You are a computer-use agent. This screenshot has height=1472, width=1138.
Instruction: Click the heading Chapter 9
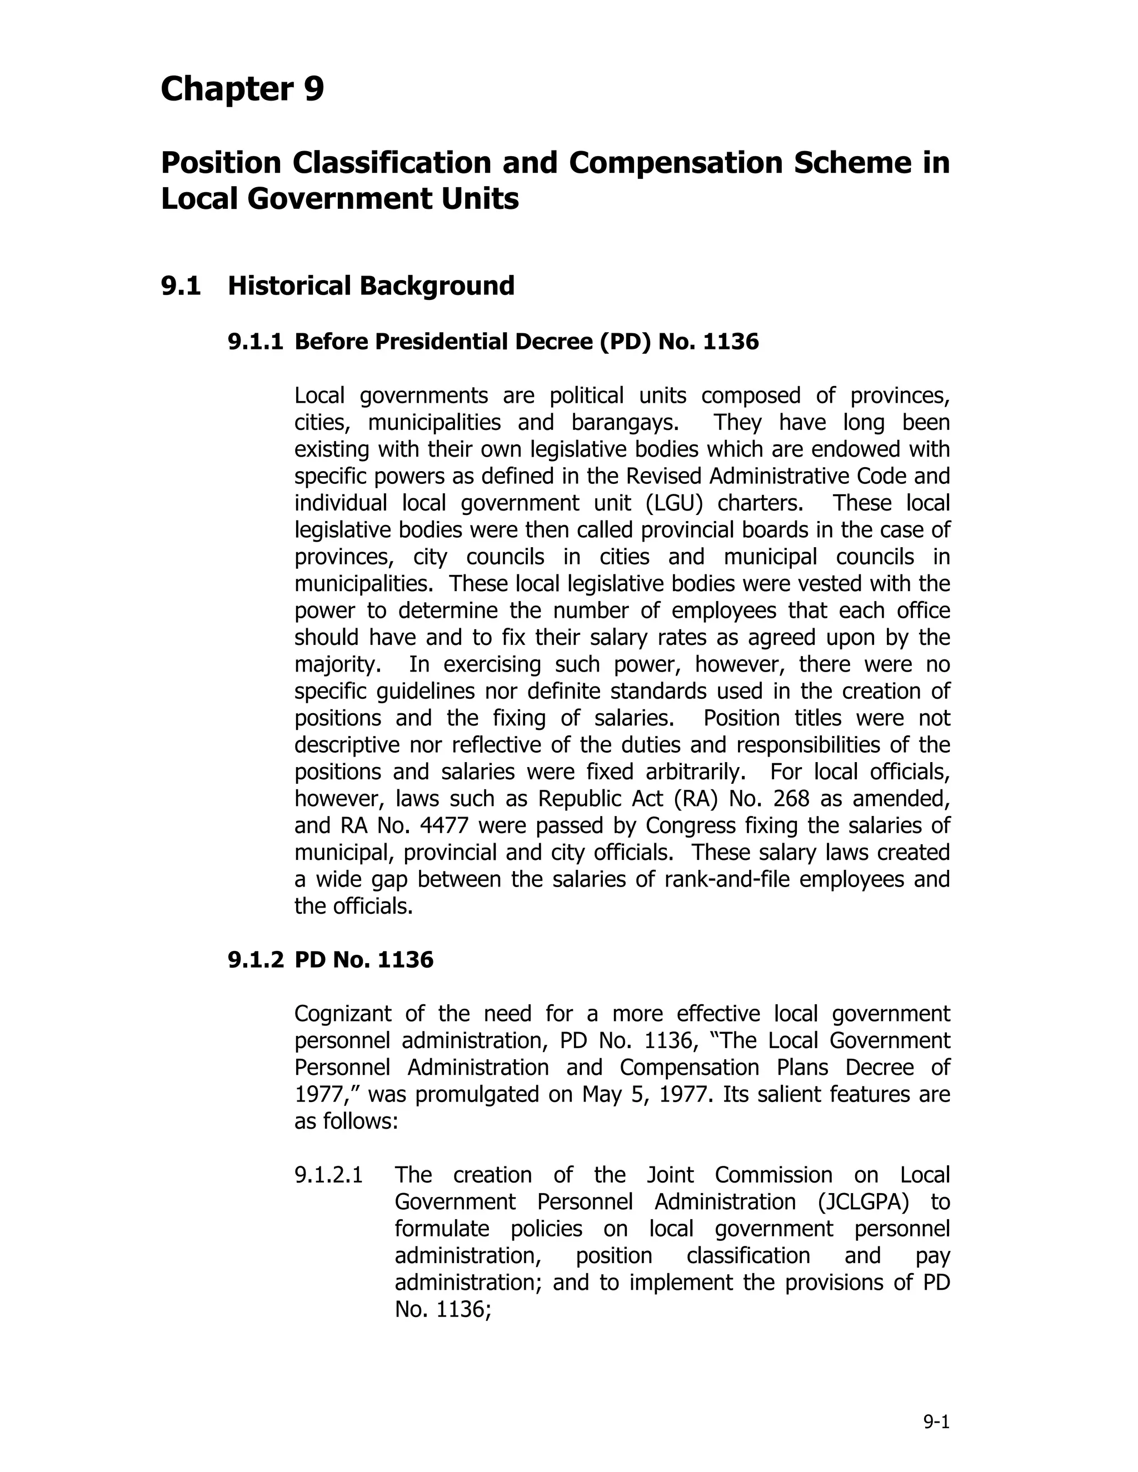pyautogui.click(x=242, y=89)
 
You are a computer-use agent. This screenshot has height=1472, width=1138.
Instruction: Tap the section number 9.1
pyautogui.click(x=181, y=286)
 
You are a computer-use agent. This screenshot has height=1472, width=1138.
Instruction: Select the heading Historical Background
pyautogui.click(x=371, y=286)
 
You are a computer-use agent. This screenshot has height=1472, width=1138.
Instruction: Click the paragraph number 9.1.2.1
pyautogui.click(x=328, y=1175)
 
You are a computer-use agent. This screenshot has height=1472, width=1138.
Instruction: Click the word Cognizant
pyautogui.click(x=342, y=1014)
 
